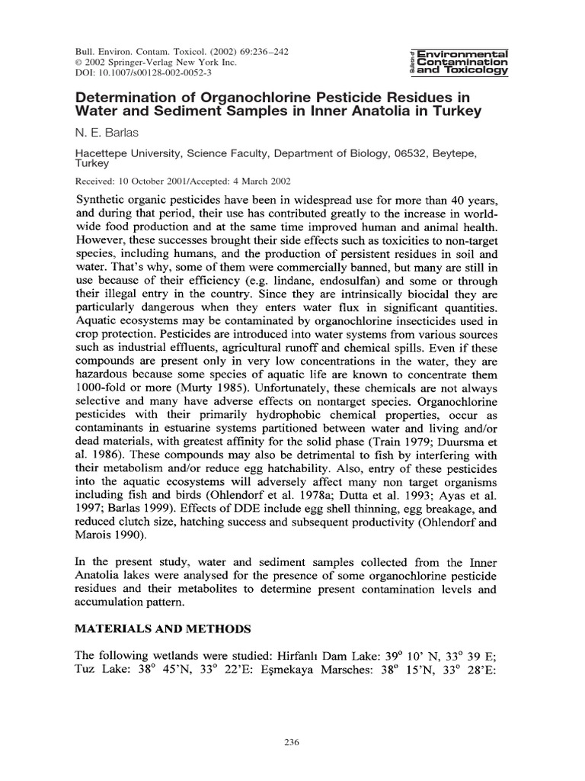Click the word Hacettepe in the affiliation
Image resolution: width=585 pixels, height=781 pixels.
pyautogui.click(x=104, y=153)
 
